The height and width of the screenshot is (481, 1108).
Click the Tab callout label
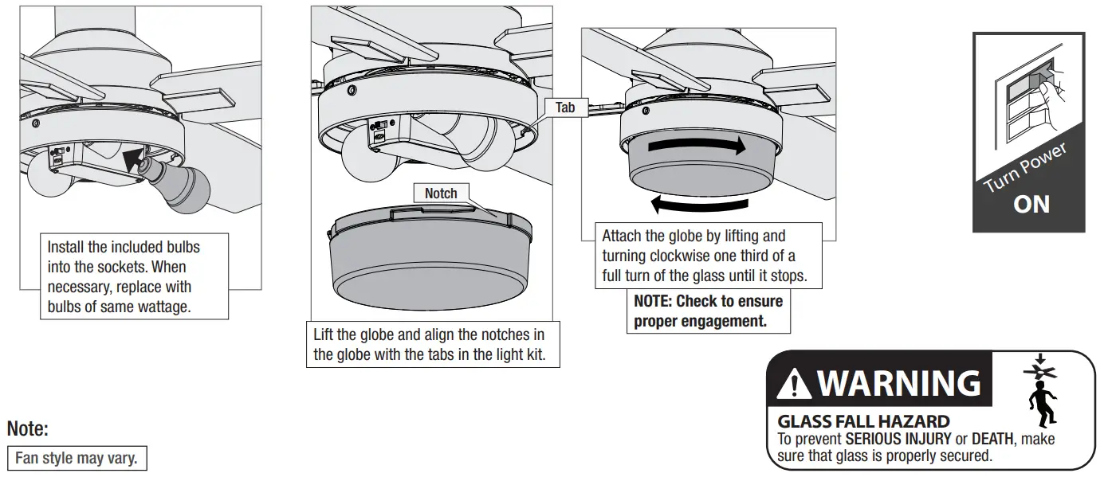[x=565, y=107]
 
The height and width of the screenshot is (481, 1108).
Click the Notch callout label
[x=441, y=194]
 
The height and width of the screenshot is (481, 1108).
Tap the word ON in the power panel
[x=1031, y=204]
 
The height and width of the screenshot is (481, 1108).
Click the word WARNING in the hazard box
[x=898, y=384]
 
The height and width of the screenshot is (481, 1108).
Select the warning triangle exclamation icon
[x=794, y=385]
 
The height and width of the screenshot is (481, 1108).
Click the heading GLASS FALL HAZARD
[x=863, y=421]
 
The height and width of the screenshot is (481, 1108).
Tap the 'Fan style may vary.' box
[x=77, y=459]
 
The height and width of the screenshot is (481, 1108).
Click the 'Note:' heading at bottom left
[x=28, y=429]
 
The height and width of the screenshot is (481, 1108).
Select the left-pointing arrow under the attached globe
[x=699, y=205]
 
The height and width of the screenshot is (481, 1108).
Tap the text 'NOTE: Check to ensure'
[x=708, y=302]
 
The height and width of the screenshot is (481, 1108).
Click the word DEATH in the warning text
[x=991, y=438]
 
